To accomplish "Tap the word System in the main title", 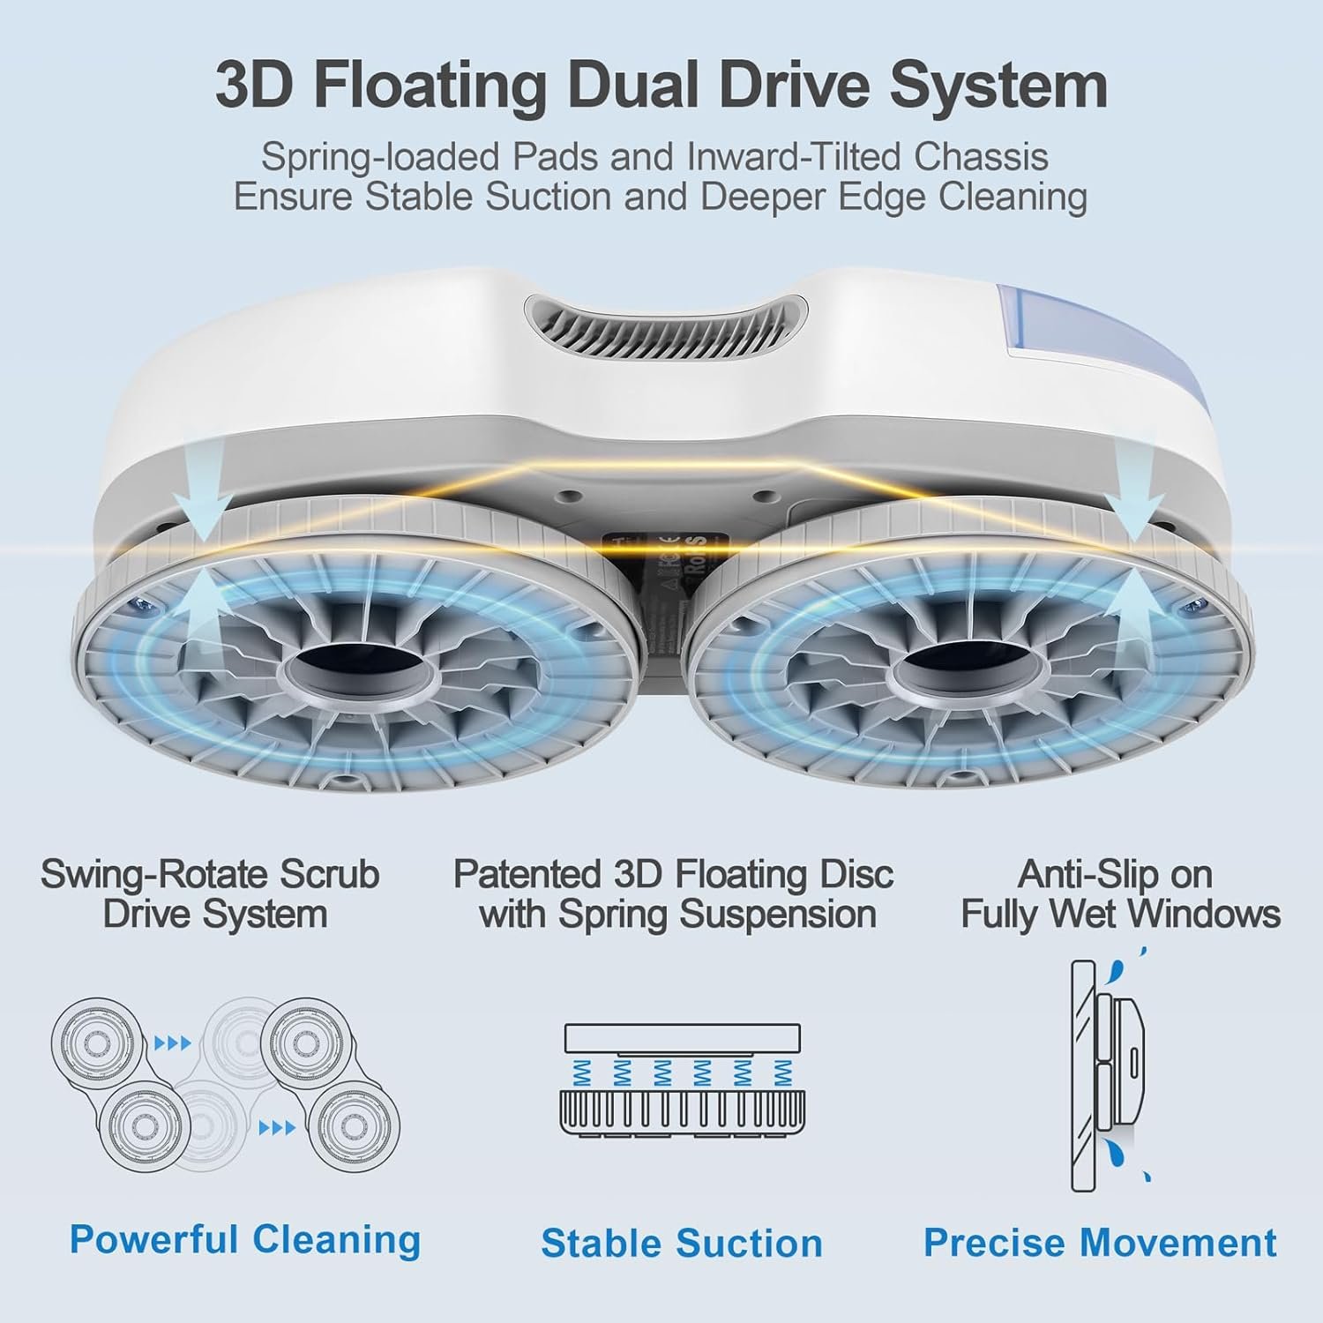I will coord(998,86).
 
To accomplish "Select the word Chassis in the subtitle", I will coord(981,157).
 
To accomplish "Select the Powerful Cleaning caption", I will coord(245,1239).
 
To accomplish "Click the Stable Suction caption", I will coord(681,1243).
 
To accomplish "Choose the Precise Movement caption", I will coord(1099,1243).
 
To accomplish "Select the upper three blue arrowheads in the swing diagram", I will coord(173,1043).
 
